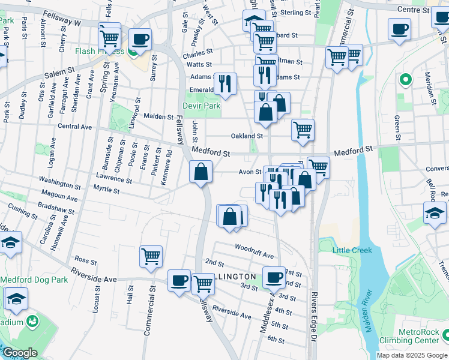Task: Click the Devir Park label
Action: [202, 106]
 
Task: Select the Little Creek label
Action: [354, 250]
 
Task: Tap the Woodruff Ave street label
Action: [254, 247]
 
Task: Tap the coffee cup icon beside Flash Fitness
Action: [140, 40]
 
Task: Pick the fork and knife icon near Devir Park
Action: [225, 84]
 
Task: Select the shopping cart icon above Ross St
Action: [151, 256]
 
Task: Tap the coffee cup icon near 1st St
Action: [274, 277]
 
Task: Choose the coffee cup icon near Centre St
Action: [399, 29]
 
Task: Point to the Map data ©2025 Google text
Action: [411, 355]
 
